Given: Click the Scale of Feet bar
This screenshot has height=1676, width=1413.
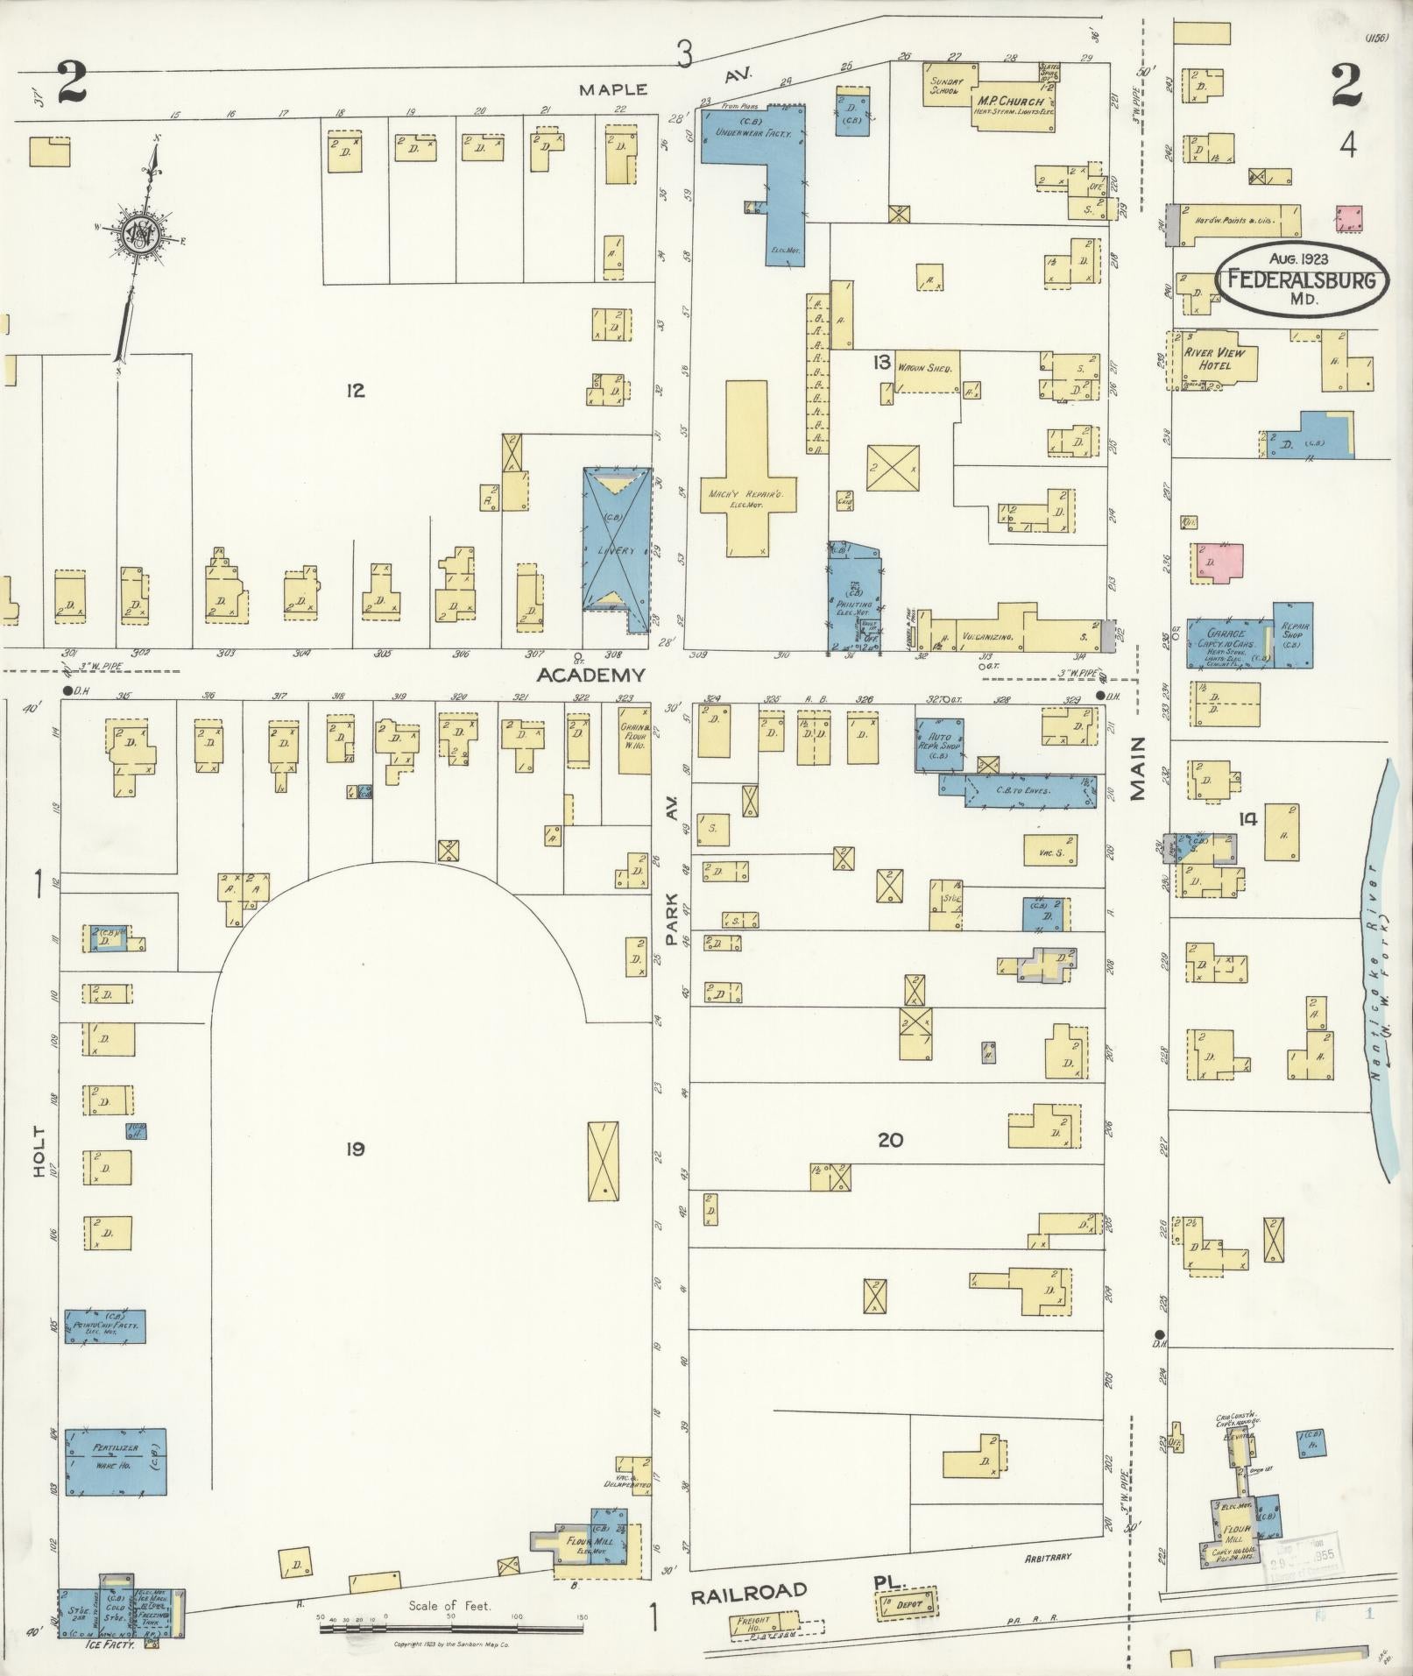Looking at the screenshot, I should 450,1626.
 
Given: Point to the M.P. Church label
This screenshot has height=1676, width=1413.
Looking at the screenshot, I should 1010,102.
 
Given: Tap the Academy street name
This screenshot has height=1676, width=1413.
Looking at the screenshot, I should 590,675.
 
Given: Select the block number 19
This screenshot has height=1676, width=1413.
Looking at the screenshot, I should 354,1148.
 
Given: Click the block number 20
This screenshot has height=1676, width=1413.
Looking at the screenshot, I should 890,1140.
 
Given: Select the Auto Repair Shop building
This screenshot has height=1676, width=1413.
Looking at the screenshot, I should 941,744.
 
